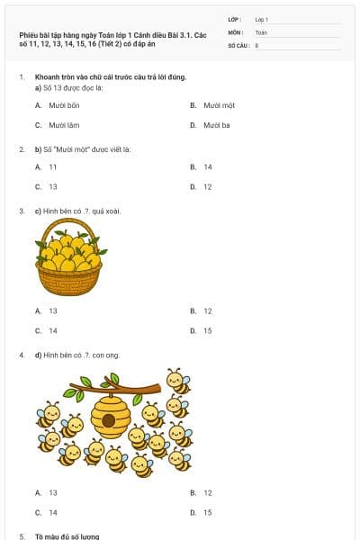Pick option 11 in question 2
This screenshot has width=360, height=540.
point(53,166)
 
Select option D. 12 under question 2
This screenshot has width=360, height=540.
point(207,186)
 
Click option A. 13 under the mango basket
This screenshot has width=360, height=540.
point(52,310)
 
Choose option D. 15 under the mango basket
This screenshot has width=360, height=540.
point(207,330)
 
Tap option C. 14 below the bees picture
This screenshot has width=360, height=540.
point(52,512)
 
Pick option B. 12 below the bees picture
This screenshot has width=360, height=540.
point(207,492)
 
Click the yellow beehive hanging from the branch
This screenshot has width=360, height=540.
point(110,417)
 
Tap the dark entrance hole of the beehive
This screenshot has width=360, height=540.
point(109,421)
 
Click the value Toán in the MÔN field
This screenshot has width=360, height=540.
point(261,31)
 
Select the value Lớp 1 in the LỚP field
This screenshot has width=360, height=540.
point(262,19)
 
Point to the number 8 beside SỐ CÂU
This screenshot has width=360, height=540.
point(256,44)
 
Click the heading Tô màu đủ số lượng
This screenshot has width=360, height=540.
point(67,536)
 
